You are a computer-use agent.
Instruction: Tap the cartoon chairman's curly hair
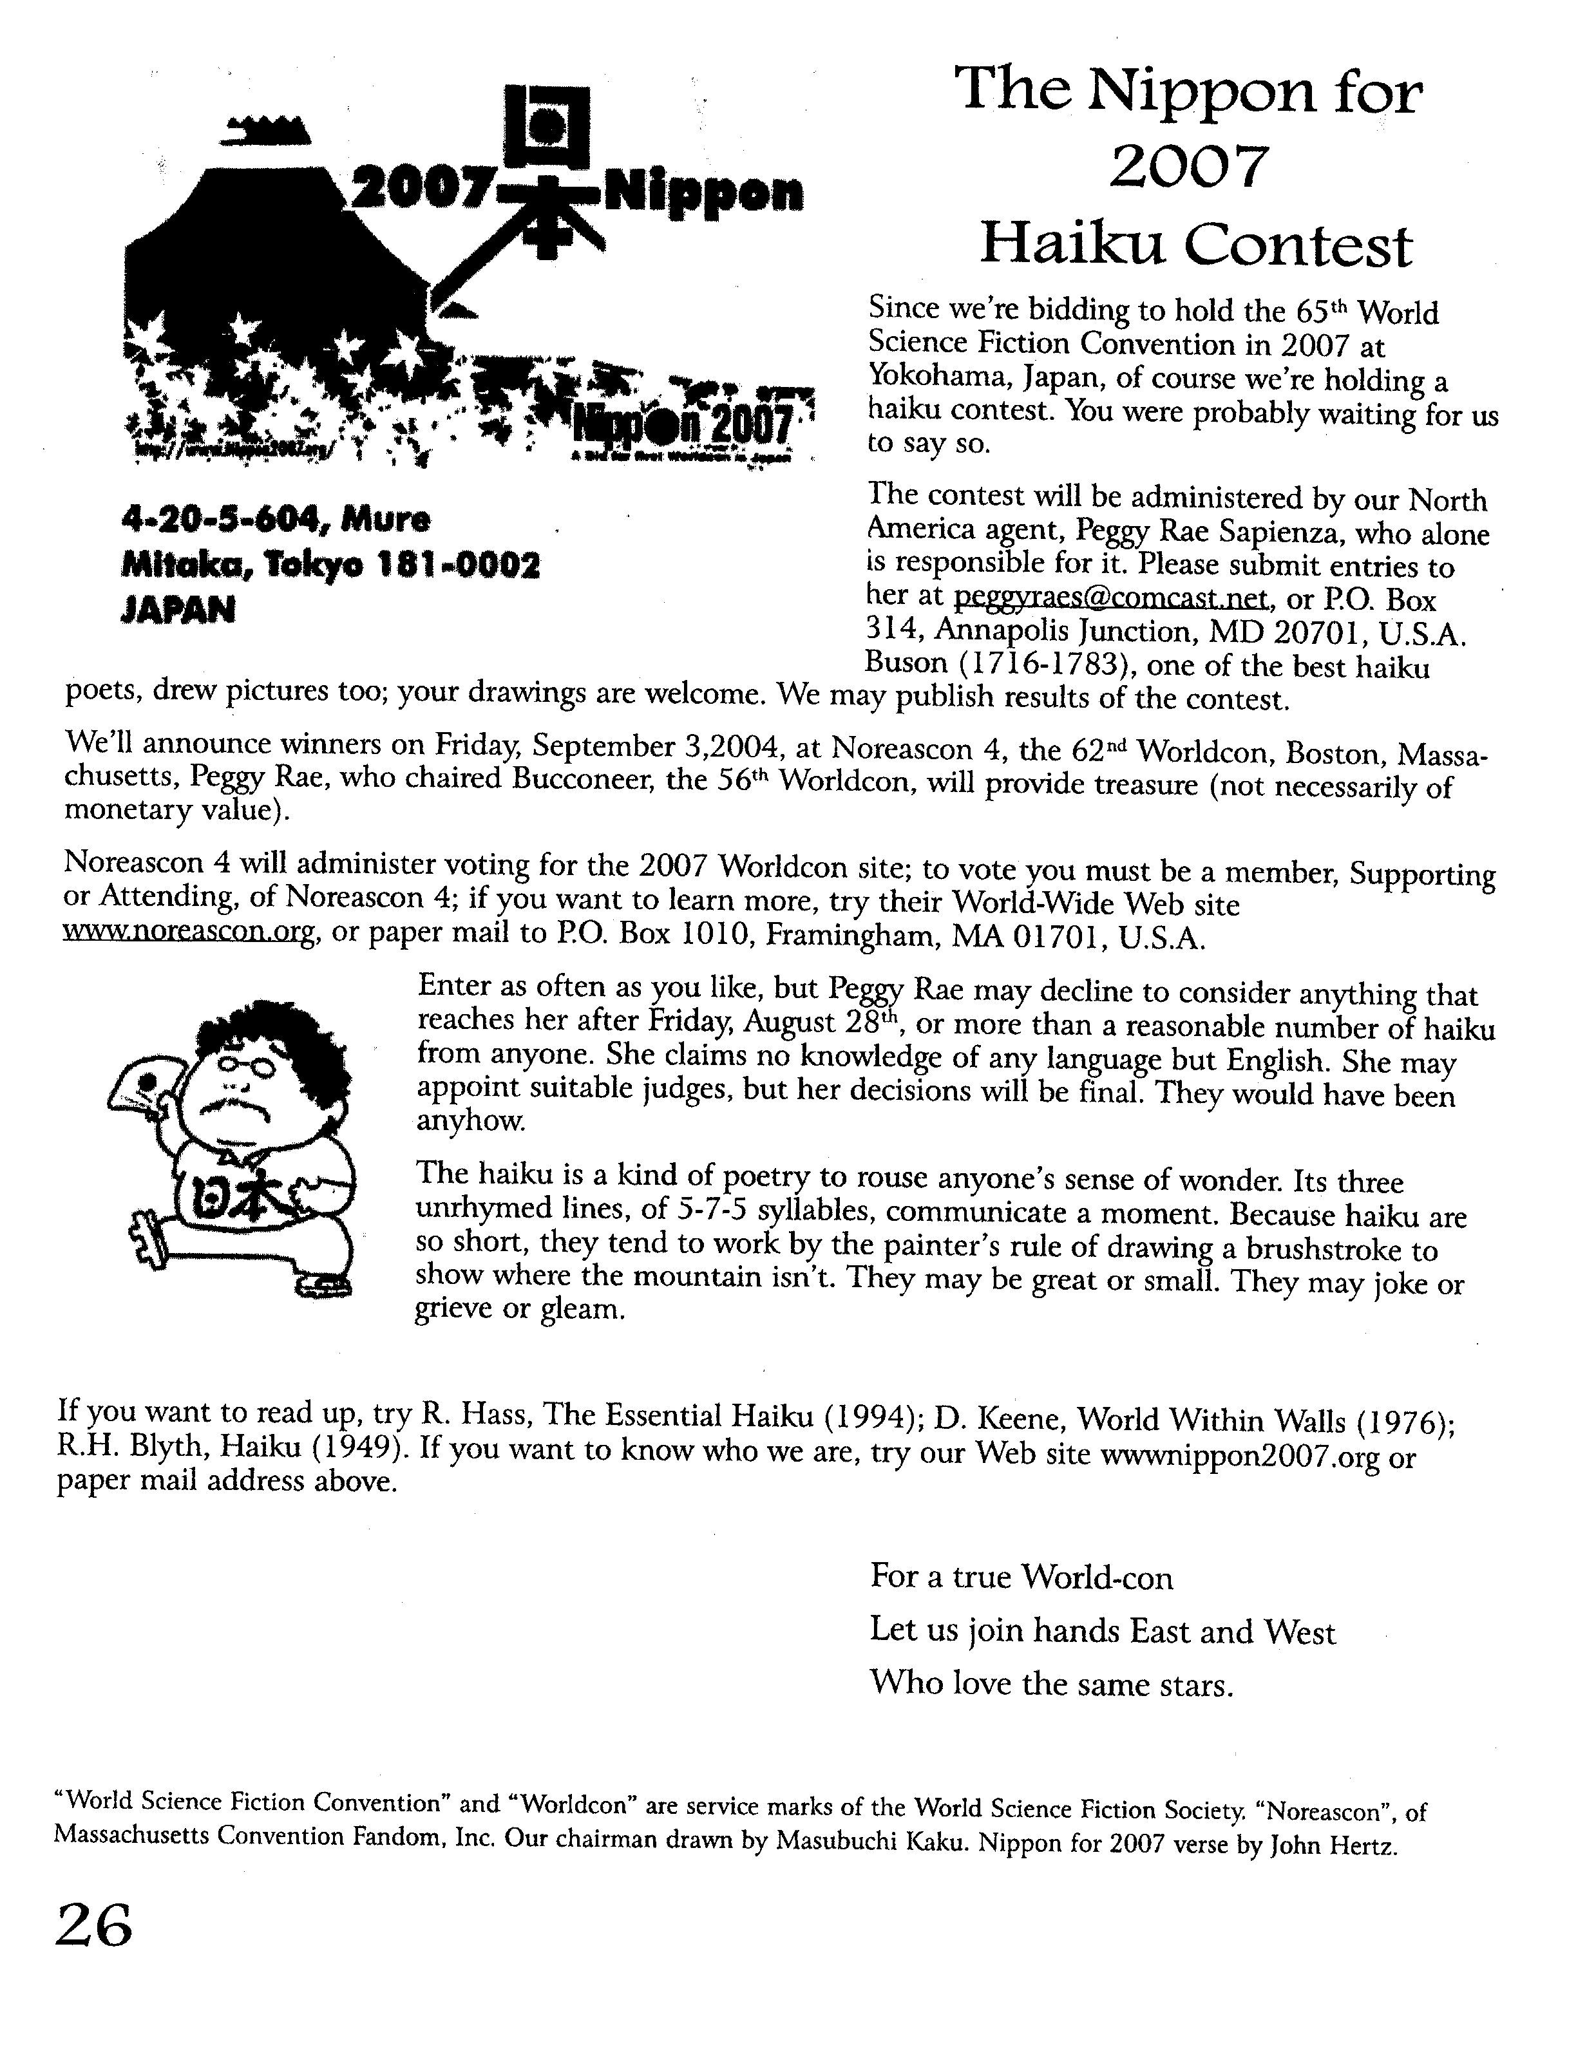tap(283, 1031)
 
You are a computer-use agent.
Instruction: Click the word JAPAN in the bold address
tap(178, 610)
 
